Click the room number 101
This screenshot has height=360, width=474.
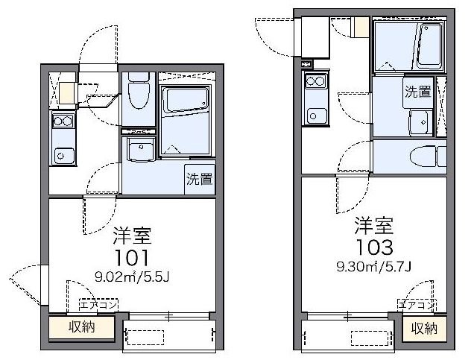(x=132, y=258)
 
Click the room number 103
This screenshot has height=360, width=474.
(x=374, y=247)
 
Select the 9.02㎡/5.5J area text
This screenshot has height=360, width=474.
(x=132, y=277)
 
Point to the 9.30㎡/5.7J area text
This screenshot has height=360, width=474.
(x=374, y=266)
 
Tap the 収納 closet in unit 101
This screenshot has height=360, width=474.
(x=82, y=327)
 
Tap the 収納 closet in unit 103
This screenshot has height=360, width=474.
(x=424, y=329)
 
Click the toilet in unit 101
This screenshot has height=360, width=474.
(x=139, y=90)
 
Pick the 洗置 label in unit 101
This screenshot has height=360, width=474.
(x=199, y=179)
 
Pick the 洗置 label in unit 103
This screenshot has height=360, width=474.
(x=418, y=92)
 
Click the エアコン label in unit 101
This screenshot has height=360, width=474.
(x=98, y=305)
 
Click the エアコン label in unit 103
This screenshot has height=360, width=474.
(x=417, y=305)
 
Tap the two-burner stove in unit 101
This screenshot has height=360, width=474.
(x=63, y=121)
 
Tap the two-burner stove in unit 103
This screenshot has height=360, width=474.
(x=316, y=81)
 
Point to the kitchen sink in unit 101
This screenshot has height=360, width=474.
(x=64, y=156)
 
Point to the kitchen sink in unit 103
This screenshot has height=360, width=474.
(x=317, y=116)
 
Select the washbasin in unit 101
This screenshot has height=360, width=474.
(x=140, y=149)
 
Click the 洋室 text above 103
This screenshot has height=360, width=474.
(x=374, y=226)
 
